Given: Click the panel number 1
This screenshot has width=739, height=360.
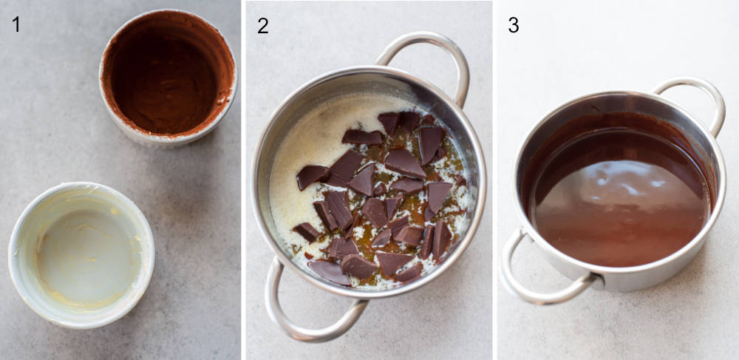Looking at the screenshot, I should coord(16,24).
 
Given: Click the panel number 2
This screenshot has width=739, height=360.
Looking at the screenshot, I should coord(262,25).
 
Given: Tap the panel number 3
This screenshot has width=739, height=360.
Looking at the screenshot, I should coord(513,24).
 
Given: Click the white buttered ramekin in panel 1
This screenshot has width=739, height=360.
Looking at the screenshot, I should coord(81,254).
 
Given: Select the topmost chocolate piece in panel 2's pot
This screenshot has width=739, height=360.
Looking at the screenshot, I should coord(389,121).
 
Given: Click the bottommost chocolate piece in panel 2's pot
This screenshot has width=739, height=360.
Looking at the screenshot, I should coord(329,273).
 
